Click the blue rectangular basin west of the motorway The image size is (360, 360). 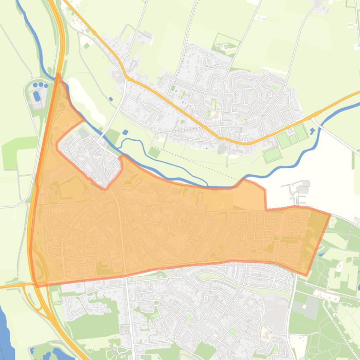[36, 96]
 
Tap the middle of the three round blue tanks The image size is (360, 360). [41, 85]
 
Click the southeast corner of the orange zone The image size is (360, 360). [306, 275]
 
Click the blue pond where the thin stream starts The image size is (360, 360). [125, 132]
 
